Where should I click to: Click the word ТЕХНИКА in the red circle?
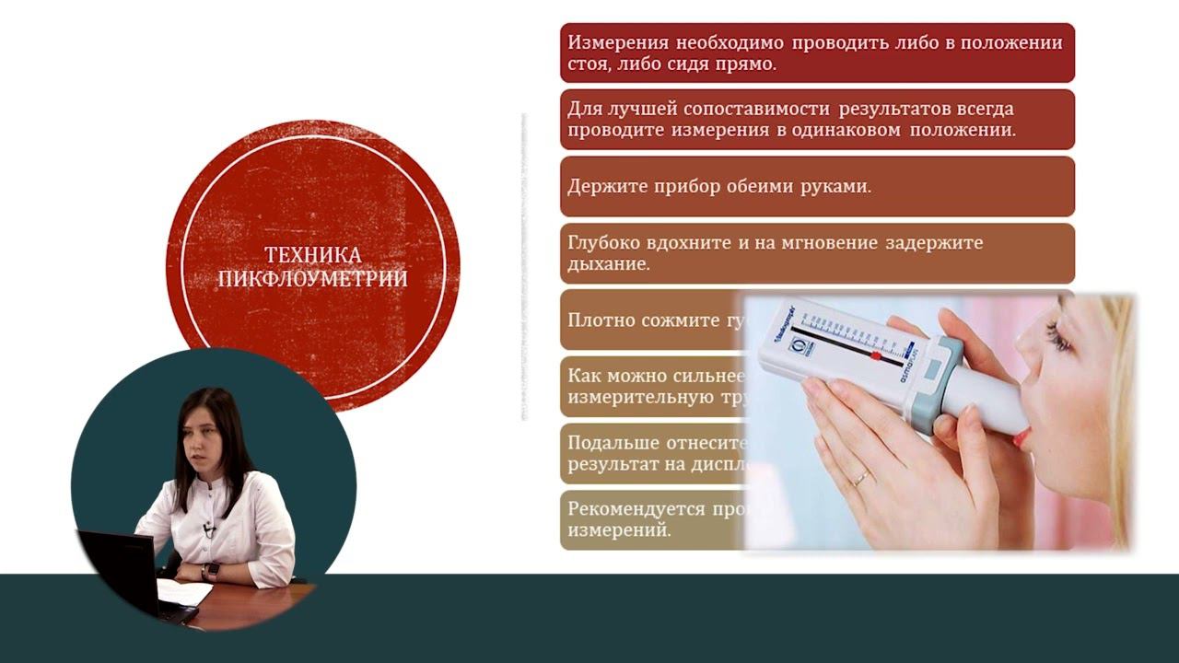pos(312,255)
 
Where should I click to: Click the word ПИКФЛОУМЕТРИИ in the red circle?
pos(312,278)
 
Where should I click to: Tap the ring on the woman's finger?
pos(860,478)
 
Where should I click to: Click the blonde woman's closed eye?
pos(1059,342)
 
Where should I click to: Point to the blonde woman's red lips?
pos(1021,437)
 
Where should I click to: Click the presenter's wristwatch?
pos(210,571)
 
